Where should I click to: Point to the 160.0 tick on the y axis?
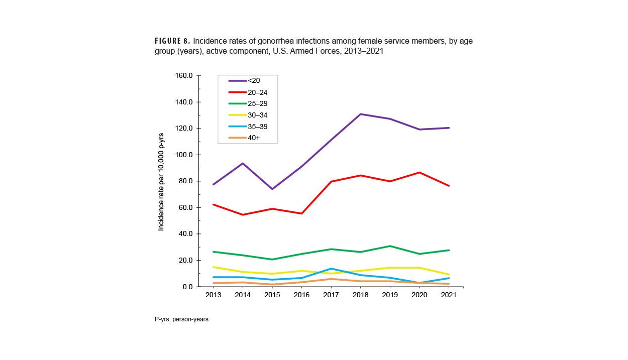point(183,76)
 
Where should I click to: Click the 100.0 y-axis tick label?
point(183,155)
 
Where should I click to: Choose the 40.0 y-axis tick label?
point(184,234)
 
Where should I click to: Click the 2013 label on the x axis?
point(214,295)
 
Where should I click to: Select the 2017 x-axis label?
point(331,295)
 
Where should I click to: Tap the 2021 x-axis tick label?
point(448,295)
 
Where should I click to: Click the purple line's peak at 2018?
point(360,114)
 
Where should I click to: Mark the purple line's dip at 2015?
point(272,189)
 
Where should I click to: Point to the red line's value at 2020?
point(419,172)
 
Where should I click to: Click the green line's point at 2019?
point(390,246)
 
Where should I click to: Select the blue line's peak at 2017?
point(331,269)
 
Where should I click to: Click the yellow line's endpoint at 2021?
point(448,274)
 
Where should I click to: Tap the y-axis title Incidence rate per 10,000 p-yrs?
point(161,182)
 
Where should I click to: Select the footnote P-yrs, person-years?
point(182,319)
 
